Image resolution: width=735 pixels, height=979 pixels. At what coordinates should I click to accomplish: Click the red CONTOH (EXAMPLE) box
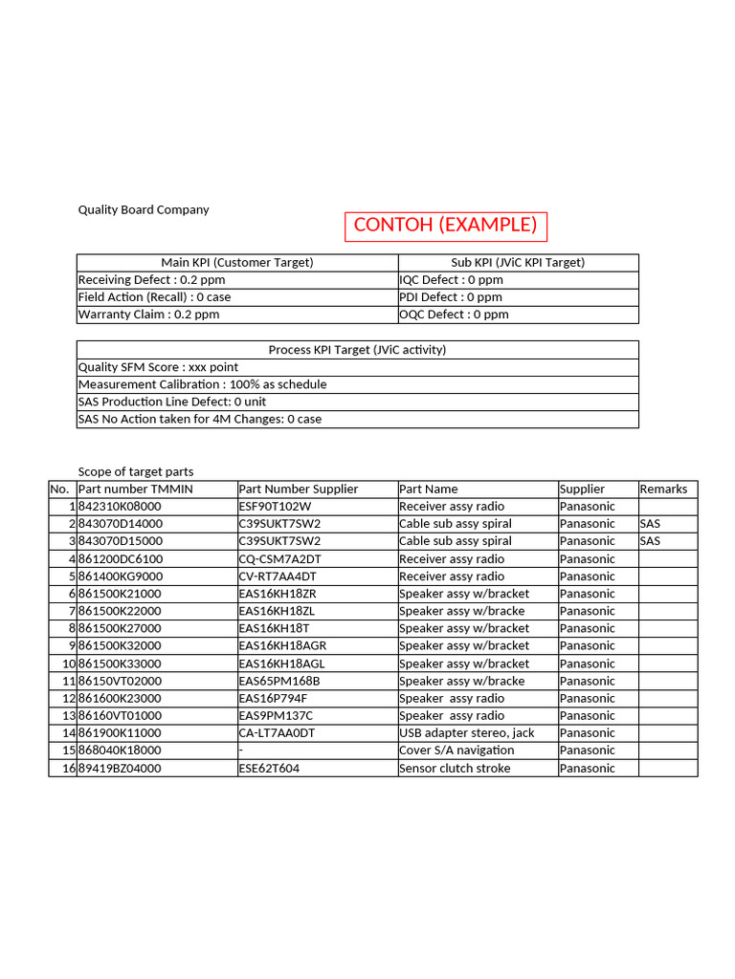[445, 226]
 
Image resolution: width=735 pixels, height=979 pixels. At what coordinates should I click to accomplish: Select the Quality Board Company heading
[144, 209]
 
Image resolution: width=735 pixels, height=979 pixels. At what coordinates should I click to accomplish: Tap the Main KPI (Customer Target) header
[237, 262]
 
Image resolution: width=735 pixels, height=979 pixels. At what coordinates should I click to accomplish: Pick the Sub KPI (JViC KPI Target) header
[518, 262]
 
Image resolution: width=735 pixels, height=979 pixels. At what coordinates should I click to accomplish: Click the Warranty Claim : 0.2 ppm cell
[148, 315]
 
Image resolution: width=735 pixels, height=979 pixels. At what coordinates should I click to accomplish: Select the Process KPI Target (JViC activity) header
[357, 350]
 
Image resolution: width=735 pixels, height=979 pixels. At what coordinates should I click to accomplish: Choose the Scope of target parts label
[136, 471]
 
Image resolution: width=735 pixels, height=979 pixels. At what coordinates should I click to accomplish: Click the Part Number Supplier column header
[299, 489]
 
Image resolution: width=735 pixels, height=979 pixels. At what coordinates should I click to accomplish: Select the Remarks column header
[663, 489]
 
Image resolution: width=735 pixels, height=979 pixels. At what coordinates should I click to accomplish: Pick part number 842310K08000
[121, 507]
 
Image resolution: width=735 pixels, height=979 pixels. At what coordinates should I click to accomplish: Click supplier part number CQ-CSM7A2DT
[280, 559]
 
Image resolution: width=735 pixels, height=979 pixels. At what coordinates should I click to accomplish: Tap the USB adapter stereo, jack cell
[467, 733]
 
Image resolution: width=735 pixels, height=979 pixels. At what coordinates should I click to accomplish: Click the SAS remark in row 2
[650, 524]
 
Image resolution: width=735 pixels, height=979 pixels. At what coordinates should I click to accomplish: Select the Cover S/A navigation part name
[457, 751]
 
